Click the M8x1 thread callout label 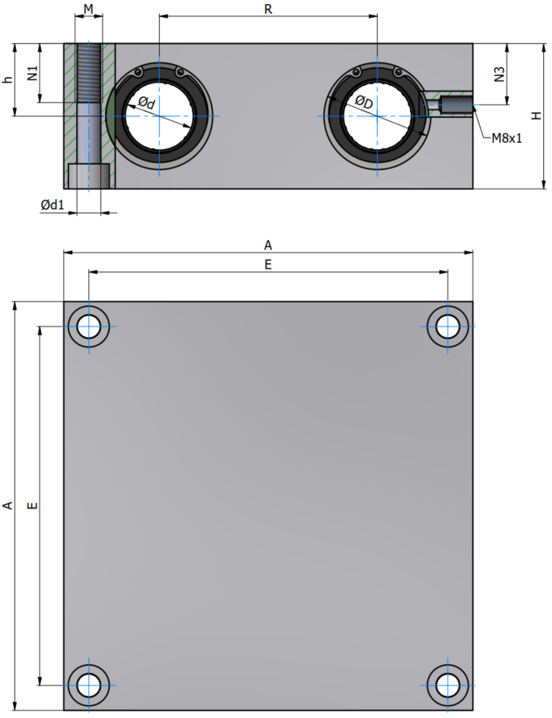[506, 138]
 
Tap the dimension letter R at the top [269, 9]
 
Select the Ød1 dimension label [52, 205]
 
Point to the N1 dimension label [33, 73]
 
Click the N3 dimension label [499, 74]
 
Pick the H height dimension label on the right [536, 116]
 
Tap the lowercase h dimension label [8, 79]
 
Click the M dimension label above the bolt [88, 9]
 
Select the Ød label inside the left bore [147, 103]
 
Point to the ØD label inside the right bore [364, 103]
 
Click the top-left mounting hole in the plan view [89, 327]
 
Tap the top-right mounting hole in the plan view [448, 327]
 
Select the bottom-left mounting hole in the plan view [89, 685]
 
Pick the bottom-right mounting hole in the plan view [448, 685]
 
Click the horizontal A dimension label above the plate [268, 245]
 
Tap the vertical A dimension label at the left [8, 505]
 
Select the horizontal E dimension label [268, 265]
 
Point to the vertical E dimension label [33, 505]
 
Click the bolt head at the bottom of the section [89, 176]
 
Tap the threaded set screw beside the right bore [456, 105]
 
